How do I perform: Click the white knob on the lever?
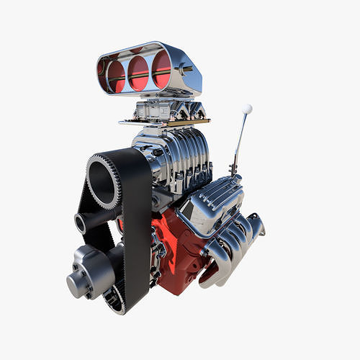(x=247, y=109)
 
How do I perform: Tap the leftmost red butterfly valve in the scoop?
(x=116, y=74)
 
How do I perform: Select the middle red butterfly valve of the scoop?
(x=138, y=73)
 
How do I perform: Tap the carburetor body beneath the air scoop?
(x=162, y=110)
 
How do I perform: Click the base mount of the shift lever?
(x=233, y=171)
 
